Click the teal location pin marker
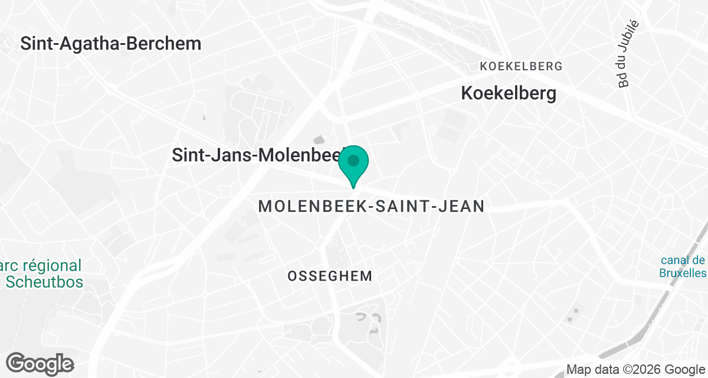[x=353, y=164]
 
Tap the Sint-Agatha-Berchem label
[x=111, y=43]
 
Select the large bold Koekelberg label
[x=508, y=93]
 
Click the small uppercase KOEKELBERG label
[x=521, y=66]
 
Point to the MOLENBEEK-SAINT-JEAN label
[x=372, y=206]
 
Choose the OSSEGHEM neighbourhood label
[x=330, y=276]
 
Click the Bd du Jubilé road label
[x=629, y=54]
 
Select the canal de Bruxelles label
[x=683, y=266]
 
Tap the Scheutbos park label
[x=44, y=273]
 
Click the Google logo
[x=40, y=363]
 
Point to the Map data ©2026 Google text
[x=635, y=370]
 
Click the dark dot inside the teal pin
[x=353, y=161]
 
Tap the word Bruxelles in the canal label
[x=683, y=273]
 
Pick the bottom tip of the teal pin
[x=353, y=187]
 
